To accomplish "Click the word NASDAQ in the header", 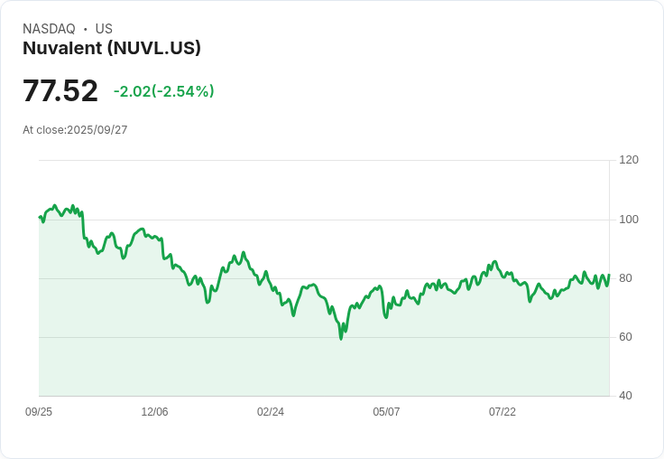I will [x=49, y=29].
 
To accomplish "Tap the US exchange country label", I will [x=104, y=29].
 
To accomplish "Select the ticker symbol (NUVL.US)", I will [x=153, y=48].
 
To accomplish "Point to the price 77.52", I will [x=60, y=91].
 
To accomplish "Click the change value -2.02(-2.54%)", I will [x=164, y=91].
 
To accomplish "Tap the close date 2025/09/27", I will [x=97, y=130].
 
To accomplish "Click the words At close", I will [x=43, y=130].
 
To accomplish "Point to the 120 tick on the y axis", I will [x=629, y=160].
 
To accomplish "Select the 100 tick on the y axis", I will [x=629, y=220].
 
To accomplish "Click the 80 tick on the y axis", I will [x=625, y=278].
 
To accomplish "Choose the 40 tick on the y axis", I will [x=625, y=396].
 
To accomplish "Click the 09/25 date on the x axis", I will [x=39, y=412].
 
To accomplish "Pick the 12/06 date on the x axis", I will [x=154, y=412].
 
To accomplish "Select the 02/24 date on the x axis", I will [x=271, y=412].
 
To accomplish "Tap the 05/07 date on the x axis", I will [x=386, y=412].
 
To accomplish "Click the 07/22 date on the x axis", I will [x=503, y=412].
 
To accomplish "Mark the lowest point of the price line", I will [x=341, y=338].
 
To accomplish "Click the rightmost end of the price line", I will [x=609, y=276].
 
